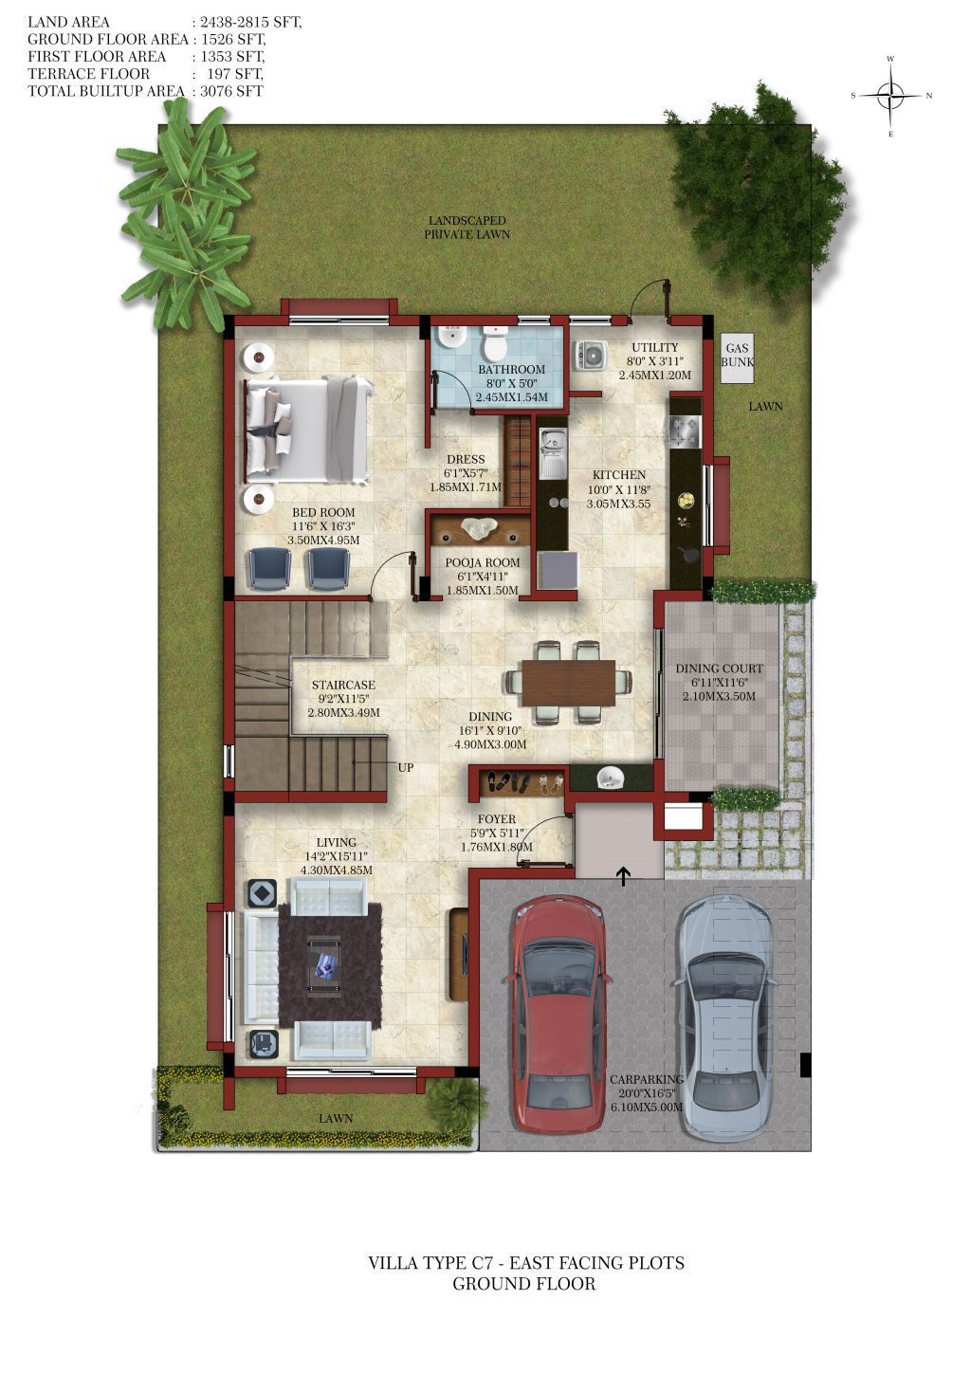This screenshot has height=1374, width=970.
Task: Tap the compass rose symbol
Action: (x=891, y=96)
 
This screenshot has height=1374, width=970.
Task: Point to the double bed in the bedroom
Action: (x=308, y=430)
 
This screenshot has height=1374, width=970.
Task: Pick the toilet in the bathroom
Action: (x=494, y=342)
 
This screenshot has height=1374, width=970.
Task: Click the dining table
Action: (x=568, y=683)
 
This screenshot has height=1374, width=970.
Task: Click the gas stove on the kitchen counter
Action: (x=686, y=431)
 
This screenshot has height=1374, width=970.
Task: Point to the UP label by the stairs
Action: (x=406, y=767)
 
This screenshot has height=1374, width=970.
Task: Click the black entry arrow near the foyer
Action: (x=623, y=876)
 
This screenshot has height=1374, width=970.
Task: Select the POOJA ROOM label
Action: (x=483, y=562)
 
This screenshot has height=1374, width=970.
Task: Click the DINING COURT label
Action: (x=719, y=669)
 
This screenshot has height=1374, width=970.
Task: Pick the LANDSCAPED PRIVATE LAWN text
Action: (x=467, y=227)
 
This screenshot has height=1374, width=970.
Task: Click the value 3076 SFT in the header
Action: (x=231, y=91)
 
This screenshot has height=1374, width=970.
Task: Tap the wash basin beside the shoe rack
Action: (x=610, y=779)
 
